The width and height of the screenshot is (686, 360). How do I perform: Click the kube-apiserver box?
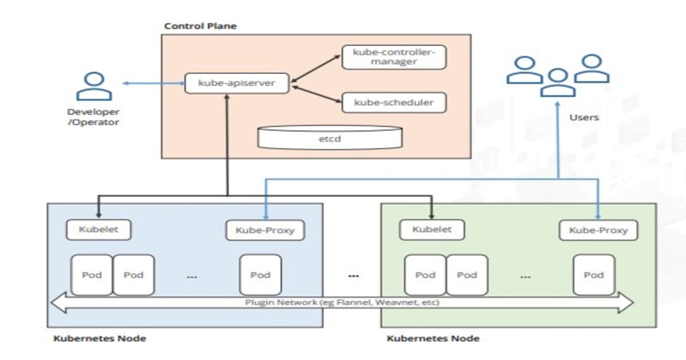[237, 83]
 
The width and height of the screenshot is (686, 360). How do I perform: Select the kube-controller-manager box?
[394, 57]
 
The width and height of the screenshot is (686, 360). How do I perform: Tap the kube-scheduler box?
[394, 102]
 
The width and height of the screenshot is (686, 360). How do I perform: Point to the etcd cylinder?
[329, 138]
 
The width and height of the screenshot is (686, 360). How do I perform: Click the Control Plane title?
[200, 26]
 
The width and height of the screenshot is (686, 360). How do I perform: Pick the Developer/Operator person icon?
[94, 87]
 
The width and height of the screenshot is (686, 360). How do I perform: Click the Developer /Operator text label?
[93, 117]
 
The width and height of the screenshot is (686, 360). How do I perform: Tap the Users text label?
[584, 117]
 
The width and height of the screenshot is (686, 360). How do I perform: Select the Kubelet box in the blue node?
[99, 230]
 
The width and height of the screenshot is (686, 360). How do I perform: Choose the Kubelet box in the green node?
[432, 230]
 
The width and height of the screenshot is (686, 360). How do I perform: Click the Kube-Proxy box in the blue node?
[265, 231]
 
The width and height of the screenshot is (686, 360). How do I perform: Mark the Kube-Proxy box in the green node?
[598, 231]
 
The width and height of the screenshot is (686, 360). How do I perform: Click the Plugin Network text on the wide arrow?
[342, 303]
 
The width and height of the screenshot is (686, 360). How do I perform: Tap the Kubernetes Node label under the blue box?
[99, 339]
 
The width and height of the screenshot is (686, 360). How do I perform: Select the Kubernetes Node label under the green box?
[433, 339]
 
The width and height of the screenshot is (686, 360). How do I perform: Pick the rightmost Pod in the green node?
[594, 275]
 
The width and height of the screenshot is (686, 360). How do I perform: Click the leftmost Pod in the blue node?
[92, 275]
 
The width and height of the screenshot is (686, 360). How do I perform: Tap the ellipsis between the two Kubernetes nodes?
[353, 276]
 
